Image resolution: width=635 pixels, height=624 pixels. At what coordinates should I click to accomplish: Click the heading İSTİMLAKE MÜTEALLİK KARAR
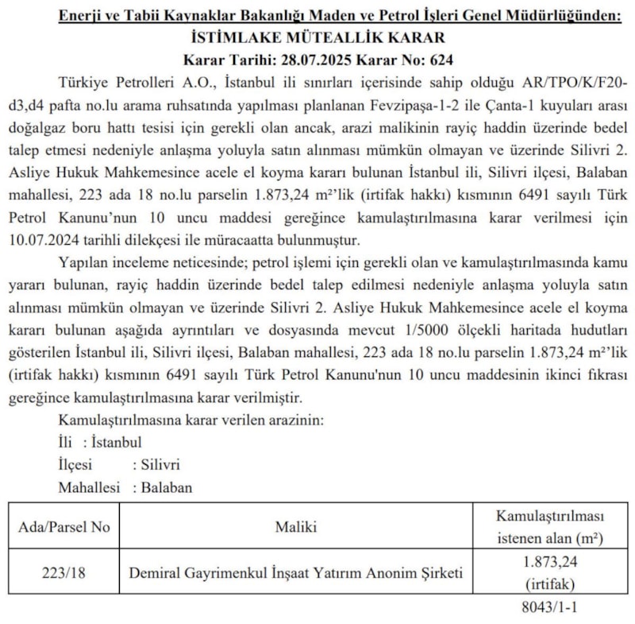tap(318, 37)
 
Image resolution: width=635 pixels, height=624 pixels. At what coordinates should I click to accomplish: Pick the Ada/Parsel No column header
tap(64, 526)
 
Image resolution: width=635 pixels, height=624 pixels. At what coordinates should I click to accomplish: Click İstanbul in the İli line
tap(117, 442)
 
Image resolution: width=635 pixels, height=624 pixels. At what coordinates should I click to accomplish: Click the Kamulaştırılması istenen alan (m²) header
tap(549, 526)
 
